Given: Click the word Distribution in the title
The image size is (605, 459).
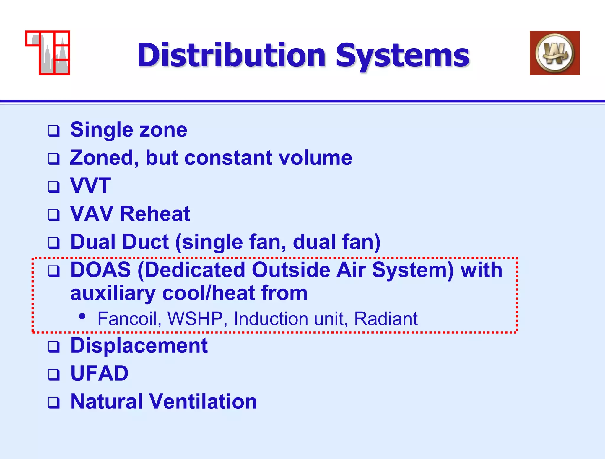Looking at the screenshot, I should tap(231, 55).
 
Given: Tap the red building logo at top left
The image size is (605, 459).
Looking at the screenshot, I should tap(48, 53).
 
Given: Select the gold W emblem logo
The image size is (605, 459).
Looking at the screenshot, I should tap(554, 53).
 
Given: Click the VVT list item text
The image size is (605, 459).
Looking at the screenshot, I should tap(90, 185).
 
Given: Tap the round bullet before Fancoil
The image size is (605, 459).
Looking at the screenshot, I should tap(82, 317).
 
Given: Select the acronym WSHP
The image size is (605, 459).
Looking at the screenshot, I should tap(195, 319).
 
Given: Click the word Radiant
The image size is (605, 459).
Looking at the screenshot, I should tap(386, 319).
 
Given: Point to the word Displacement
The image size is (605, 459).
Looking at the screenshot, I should tap(139, 345).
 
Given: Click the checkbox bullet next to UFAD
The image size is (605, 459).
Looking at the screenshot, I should tap(54, 374).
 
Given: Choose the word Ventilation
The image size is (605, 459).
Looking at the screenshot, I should tap(203, 402).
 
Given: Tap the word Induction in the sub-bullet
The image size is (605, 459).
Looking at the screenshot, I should tap(271, 319).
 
